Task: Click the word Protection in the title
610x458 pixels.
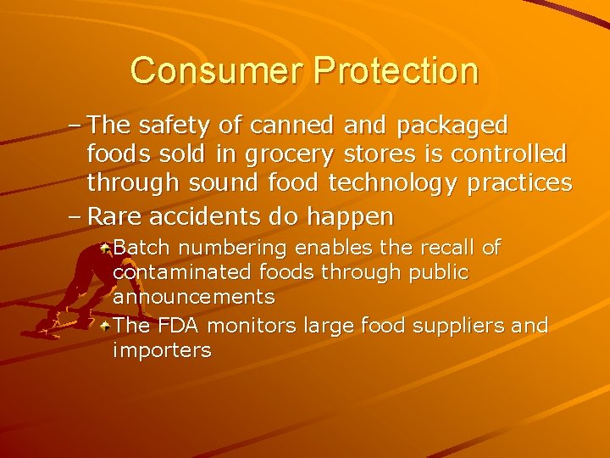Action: pyautogui.click(x=396, y=70)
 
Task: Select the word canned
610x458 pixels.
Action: pyautogui.click(x=288, y=126)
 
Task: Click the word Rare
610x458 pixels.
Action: pyautogui.click(x=116, y=216)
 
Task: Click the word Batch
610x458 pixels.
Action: pyautogui.click(x=141, y=248)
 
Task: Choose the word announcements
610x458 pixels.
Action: pyautogui.click(x=193, y=297)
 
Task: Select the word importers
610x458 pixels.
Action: pyautogui.click(x=161, y=350)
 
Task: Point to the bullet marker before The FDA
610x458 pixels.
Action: pyautogui.click(x=104, y=325)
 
